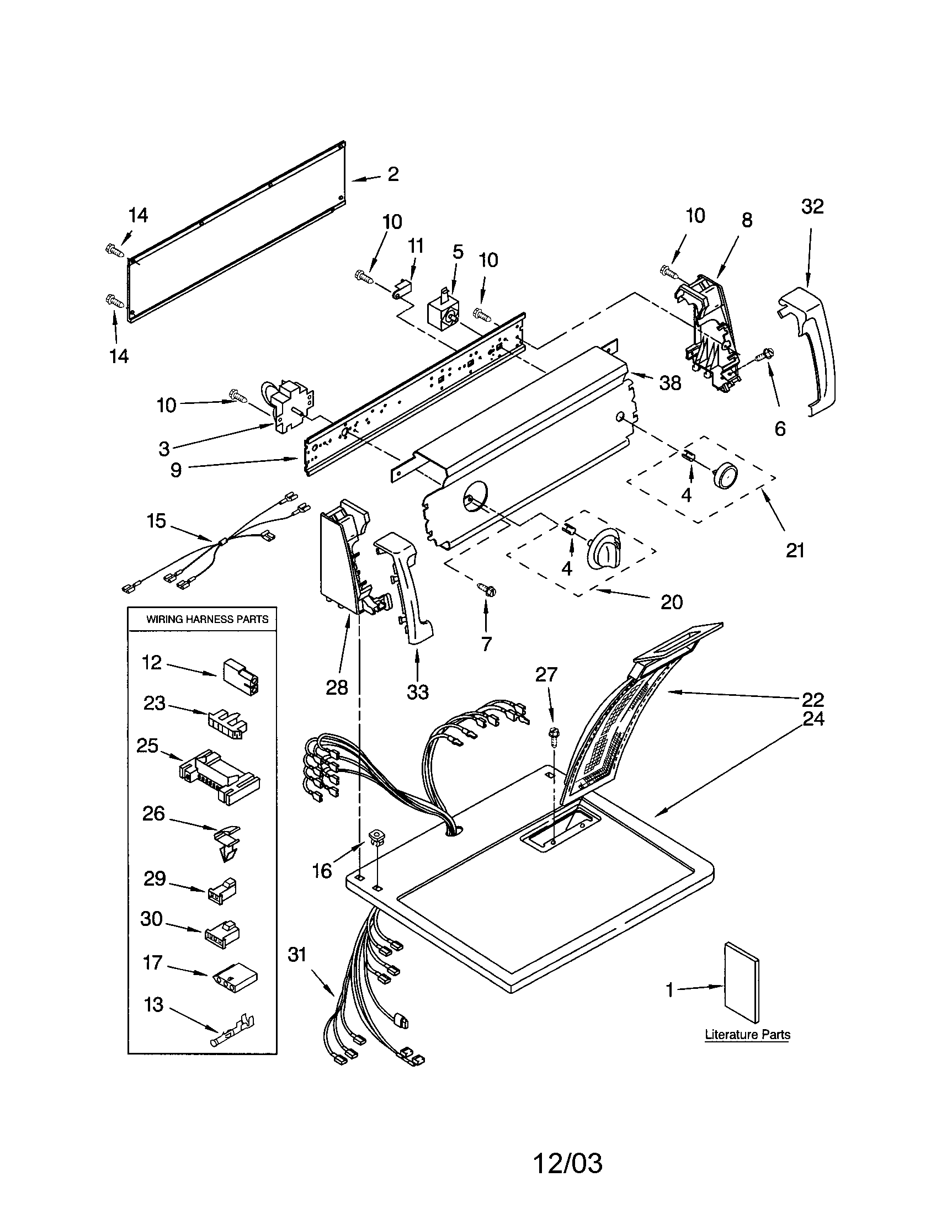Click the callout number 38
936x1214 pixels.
coord(670,383)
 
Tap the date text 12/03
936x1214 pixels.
coord(567,1163)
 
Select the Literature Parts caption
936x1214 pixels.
coord(747,1035)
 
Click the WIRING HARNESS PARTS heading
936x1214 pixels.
coord(207,619)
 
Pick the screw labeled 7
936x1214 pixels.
coord(487,589)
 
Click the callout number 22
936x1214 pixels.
coord(812,699)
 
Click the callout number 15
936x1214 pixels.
coord(156,521)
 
